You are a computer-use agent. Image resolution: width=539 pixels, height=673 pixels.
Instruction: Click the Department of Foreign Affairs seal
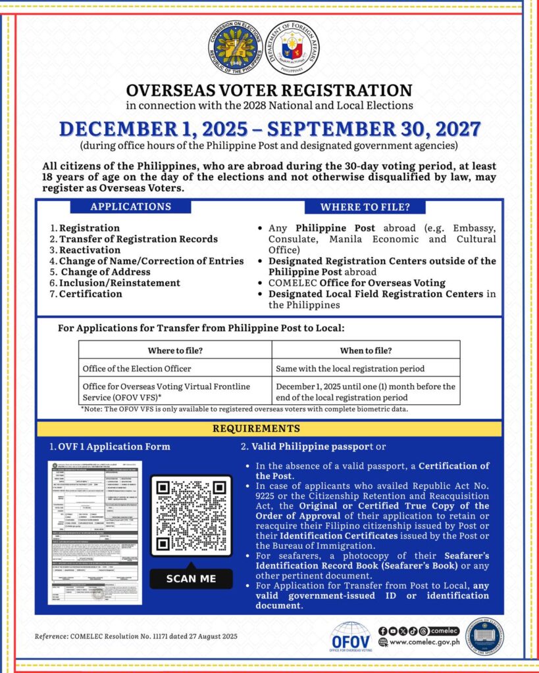pyautogui.click(x=294, y=48)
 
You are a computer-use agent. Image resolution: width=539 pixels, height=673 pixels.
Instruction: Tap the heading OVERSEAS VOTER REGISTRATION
pyautogui.click(x=269, y=90)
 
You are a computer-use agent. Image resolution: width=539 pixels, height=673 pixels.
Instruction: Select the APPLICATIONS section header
pyautogui.click(x=130, y=206)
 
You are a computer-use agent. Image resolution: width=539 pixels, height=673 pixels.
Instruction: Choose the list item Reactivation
pyautogui.click(x=90, y=250)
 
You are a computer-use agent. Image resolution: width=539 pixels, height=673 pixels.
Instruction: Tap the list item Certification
pyautogui.click(x=90, y=294)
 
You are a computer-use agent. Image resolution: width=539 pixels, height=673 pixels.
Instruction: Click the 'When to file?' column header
pyautogui.click(x=365, y=350)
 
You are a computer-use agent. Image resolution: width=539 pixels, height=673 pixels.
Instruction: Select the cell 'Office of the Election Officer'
pyautogui.click(x=137, y=368)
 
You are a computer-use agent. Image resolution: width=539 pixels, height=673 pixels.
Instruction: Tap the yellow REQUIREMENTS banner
pyautogui.click(x=269, y=429)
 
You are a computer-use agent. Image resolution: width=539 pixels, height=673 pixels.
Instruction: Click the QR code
pyautogui.click(x=191, y=516)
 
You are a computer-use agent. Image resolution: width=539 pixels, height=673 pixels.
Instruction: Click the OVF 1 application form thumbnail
pyautogui.click(x=94, y=532)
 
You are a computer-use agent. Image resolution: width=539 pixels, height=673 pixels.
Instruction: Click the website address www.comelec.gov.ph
pyautogui.click(x=424, y=642)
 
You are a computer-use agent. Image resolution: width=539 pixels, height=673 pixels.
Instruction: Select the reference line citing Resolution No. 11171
pyautogui.click(x=136, y=636)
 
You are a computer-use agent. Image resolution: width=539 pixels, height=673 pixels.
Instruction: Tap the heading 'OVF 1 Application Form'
pyautogui.click(x=111, y=447)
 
